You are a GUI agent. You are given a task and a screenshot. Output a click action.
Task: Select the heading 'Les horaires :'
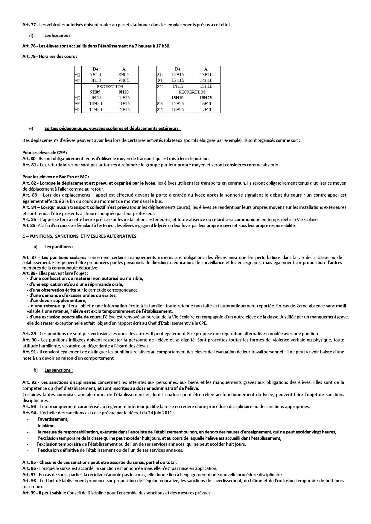point(57,36)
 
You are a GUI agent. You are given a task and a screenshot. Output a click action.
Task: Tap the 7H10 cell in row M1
point(95,75)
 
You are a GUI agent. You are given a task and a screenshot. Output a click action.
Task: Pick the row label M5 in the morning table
point(78,110)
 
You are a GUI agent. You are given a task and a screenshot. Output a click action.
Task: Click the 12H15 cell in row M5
point(124,110)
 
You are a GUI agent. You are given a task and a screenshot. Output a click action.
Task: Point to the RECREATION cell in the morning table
point(110,86)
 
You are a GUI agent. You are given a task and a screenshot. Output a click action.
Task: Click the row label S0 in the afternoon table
point(160,75)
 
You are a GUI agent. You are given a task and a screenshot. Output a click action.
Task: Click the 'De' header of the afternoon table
point(178,69)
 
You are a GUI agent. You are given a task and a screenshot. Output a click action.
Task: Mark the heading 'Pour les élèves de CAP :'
point(45,153)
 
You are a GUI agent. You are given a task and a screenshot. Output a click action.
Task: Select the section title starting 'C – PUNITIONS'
point(80,236)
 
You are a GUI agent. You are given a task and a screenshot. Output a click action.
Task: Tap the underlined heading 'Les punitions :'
point(58,247)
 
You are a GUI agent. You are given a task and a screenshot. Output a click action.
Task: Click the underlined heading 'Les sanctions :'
point(58,370)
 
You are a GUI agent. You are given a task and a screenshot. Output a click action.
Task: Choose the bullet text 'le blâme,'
point(47,426)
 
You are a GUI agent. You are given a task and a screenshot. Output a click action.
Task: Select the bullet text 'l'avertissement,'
point(53,419)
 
